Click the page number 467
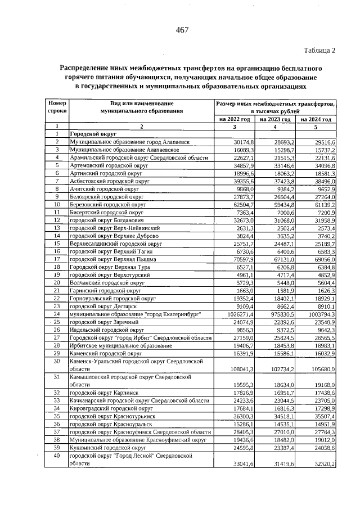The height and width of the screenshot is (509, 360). tap(182, 30)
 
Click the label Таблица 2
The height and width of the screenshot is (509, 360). tap(319, 51)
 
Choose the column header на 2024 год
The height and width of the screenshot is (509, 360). tap(316, 120)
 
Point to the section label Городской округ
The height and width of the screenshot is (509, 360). tap(93, 135)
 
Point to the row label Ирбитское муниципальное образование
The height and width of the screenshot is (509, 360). tap(121, 345)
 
